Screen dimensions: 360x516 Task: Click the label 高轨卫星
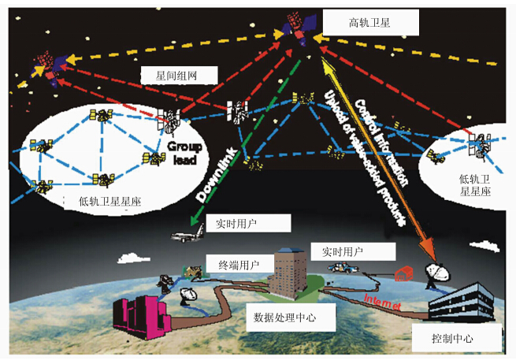click(x=369, y=24)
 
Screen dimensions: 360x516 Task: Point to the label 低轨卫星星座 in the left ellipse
click(x=105, y=200)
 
